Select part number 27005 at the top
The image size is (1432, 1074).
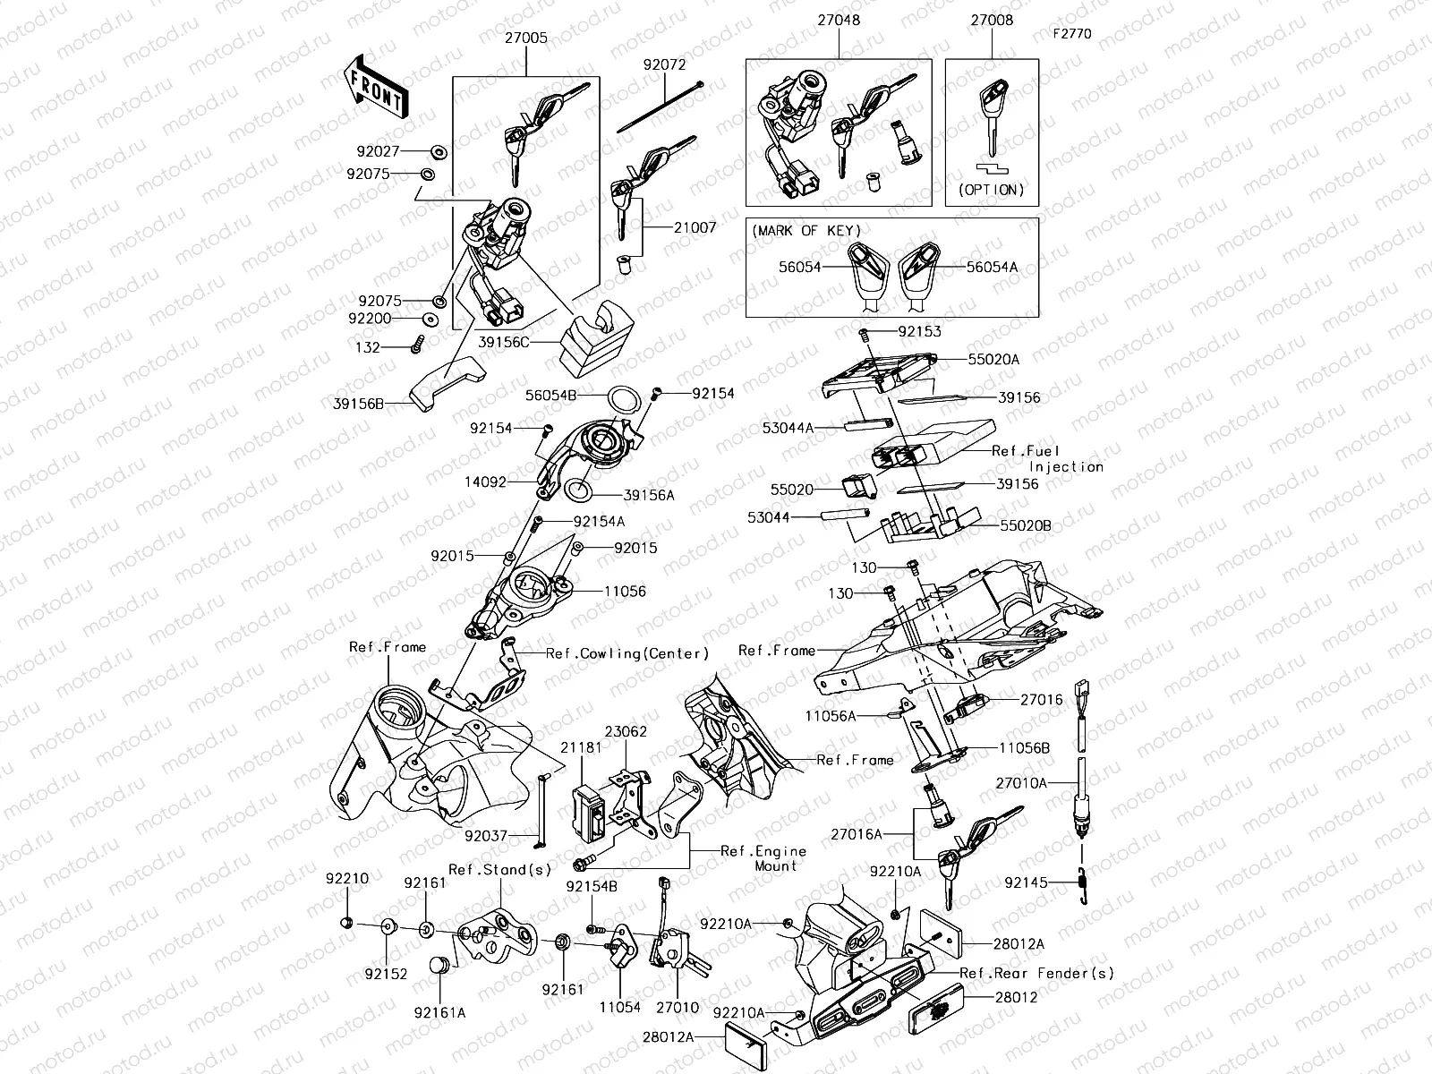click(525, 38)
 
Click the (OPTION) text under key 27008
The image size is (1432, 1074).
click(992, 190)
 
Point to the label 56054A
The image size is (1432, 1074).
click(993, 267)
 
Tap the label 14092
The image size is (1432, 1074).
click(484, 482)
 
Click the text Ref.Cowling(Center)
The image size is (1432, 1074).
click(627, 653)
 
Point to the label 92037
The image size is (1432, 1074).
click(486, 836)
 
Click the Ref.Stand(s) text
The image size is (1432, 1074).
click(487, 869)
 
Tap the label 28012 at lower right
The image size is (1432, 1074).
click(1014, 996)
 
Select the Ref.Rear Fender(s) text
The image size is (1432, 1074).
click(1036, 973)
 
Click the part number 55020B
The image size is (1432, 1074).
click(1026, 526)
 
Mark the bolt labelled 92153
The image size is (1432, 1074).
click(865, 336)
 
